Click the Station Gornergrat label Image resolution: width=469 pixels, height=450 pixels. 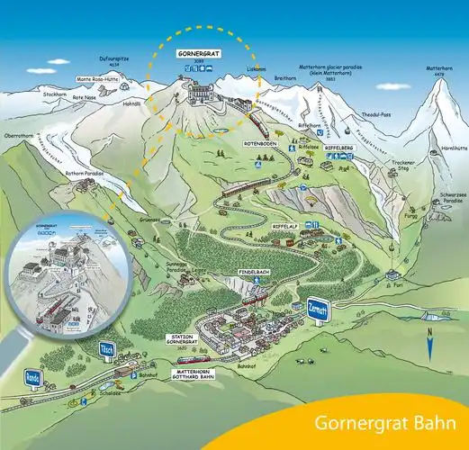183,338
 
